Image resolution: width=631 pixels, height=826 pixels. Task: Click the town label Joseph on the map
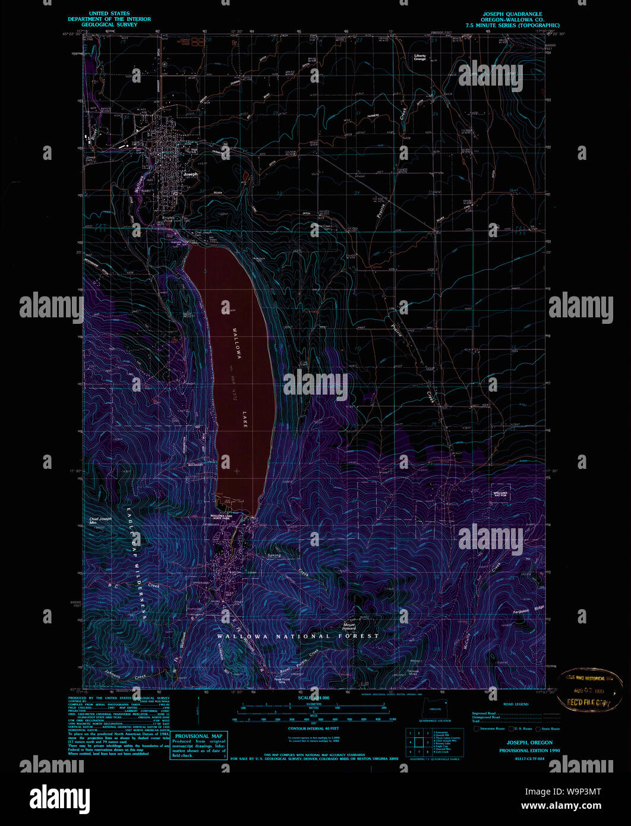pos(190,174)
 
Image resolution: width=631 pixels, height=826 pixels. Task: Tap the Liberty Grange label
pos(420,58)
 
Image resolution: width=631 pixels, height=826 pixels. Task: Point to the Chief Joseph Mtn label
pos(100,521)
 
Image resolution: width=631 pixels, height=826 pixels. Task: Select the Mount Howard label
pos(349,626)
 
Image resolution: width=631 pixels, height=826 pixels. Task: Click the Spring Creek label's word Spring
pos(274,556)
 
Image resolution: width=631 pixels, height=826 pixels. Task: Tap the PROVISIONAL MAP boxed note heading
pos(199,736)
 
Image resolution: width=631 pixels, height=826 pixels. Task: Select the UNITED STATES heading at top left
pos(109,13)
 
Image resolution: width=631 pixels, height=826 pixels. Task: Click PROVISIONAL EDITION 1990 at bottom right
pos(529,751)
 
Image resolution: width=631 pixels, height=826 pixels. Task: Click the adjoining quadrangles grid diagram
pos(418,742)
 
